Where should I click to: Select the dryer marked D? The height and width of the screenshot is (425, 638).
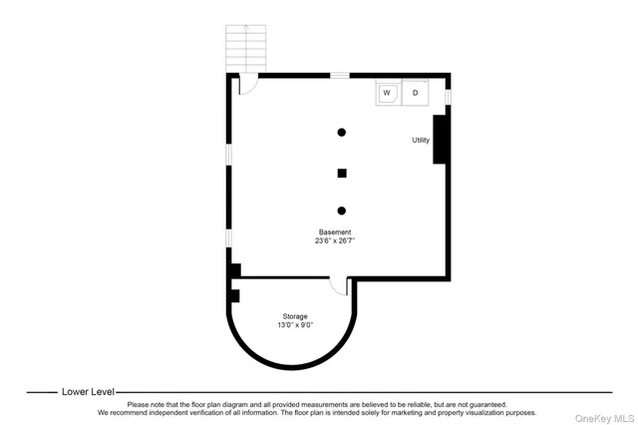pyautogui.click(x=416, y=93)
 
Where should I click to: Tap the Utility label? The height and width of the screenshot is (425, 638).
pyautogui.click(x=421, y=140)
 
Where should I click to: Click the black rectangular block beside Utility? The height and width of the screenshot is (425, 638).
pyautogui.click(x=439, y=139)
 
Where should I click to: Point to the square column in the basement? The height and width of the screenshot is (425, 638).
pyautogui.click(x=342, y=173)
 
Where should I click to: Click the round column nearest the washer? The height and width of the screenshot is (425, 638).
pyautogui.click(x=342, y=132)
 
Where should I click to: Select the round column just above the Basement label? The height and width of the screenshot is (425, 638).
pyautogui.click(x=342, y=211)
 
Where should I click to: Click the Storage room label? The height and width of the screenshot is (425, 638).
pyautogui.click(x=293, y=316)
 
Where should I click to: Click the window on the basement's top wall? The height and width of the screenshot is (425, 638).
pyautogui.click(x=340, y=75)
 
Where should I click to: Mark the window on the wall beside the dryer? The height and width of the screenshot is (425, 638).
pyautogui.click(x=448, y=96)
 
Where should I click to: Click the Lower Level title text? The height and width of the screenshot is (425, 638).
pyautogui.click(x=89, y=392)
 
